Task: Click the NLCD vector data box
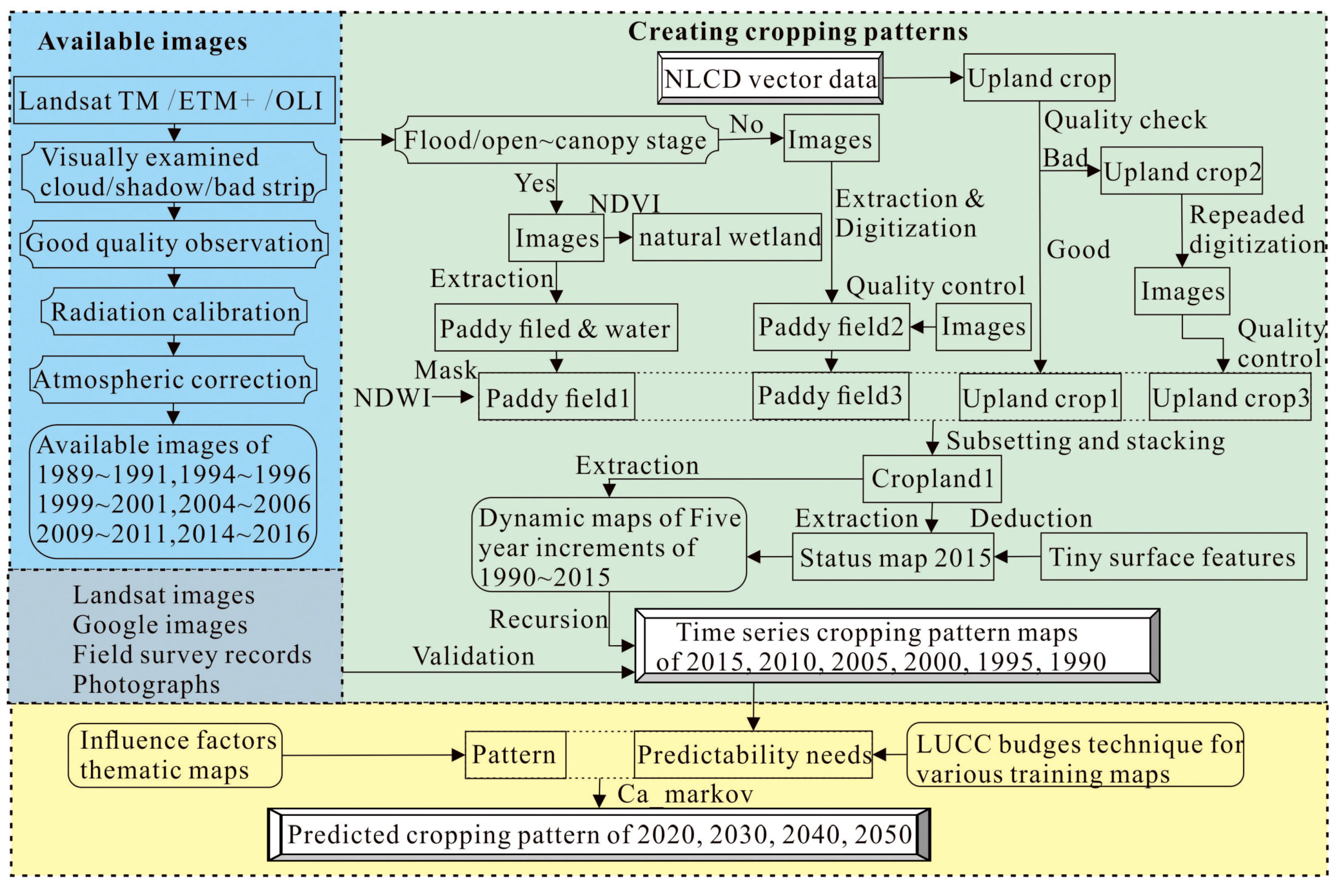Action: [770, 78]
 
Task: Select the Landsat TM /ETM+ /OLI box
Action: [174, 100]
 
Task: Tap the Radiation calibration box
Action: [174, 312]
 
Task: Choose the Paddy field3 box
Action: [830, 396]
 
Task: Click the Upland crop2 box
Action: [1181, 171]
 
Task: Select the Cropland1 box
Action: [932, 479]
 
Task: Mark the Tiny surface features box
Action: [1173, 557]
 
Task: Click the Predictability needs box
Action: [753, 755]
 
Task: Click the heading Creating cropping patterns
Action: [798, 31]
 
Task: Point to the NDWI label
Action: [392, 398]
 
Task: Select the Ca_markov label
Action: [685, 794]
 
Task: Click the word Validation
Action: [473, 656]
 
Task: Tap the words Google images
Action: [160, 625]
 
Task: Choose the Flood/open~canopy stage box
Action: [556, 140]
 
